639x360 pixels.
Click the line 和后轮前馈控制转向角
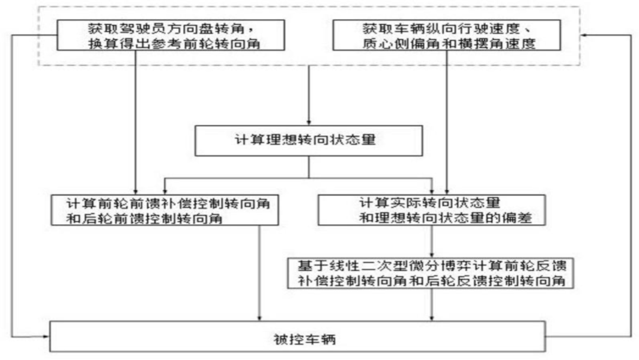(x=147, y=218)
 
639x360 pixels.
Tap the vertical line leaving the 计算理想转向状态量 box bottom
(x=308, y=168)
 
